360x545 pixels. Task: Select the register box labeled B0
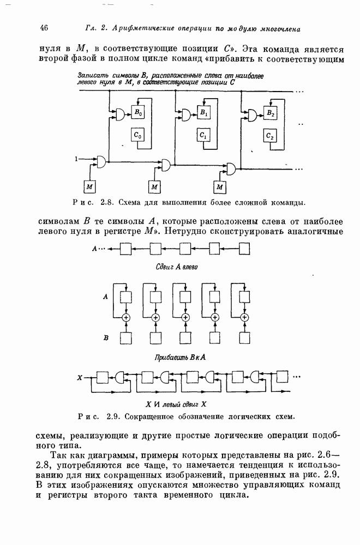coord(138,113)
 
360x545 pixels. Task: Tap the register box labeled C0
coord(138,135)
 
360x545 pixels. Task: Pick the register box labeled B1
coord(203,113)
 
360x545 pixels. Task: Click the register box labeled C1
coord(203,135)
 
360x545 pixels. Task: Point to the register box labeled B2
coord(270,113)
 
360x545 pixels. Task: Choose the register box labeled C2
coord(270,135)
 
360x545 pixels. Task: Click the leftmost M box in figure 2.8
coord(89,187)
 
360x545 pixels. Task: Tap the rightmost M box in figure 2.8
coord(220,187)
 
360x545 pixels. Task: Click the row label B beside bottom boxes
coord(106,338)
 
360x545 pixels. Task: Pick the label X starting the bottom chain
coord(80,377)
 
